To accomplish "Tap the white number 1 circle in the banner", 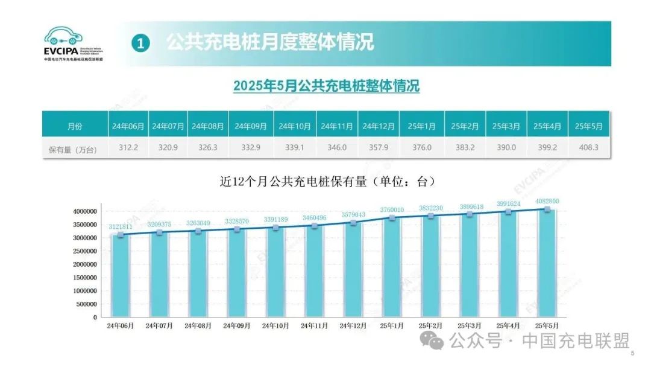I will pyautogui.click(x=140, y=43).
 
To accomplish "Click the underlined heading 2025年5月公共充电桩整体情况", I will pyautogui.click(x=326, y=86).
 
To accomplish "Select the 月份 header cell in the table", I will pyautogui.click(x=75, y=126).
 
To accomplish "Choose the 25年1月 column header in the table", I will pyautogui.click(x=421, y=126).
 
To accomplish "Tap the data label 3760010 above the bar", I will pyautogui.click(x=392, y=210).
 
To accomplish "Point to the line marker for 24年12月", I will pyautogui.click(x=354, y=223).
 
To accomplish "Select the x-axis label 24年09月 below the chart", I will pyautogui.click(x=237, y=325).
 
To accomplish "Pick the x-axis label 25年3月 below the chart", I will pyautogui.click(x=470, y=325).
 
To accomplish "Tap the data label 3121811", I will pyautogui.click(x=121, y=227).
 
